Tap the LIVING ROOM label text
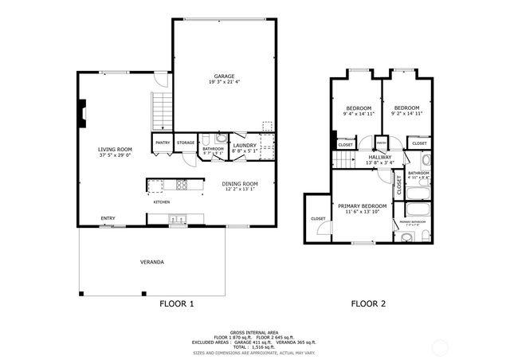click(115, 149)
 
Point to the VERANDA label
click(152, 261)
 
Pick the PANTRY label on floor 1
click(163, 143)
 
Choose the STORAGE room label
click(186, 143)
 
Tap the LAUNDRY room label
click(244, 145)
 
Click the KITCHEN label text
click(162, 202)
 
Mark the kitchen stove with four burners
click(181, 186)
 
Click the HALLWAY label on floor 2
click(380, 158)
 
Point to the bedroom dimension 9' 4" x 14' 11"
click(359, 114)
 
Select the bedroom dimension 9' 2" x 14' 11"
click(406, 114)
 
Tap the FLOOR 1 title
click(176, 303)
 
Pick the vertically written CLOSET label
click(398, 186)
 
